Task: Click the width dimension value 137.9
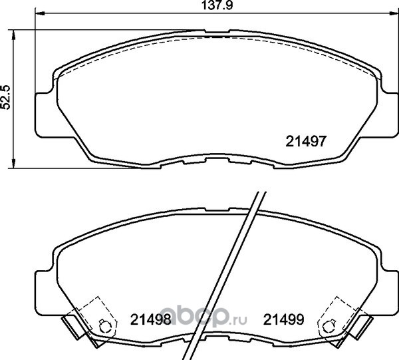point(217,5)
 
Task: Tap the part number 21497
point(306,141)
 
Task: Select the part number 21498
point(150,319)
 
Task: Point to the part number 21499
point(283,319)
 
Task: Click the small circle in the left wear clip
point(103,327)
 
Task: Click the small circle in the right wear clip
point(327,327)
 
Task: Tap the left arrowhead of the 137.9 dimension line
point(40,13)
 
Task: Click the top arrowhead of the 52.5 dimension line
point(13,35)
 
